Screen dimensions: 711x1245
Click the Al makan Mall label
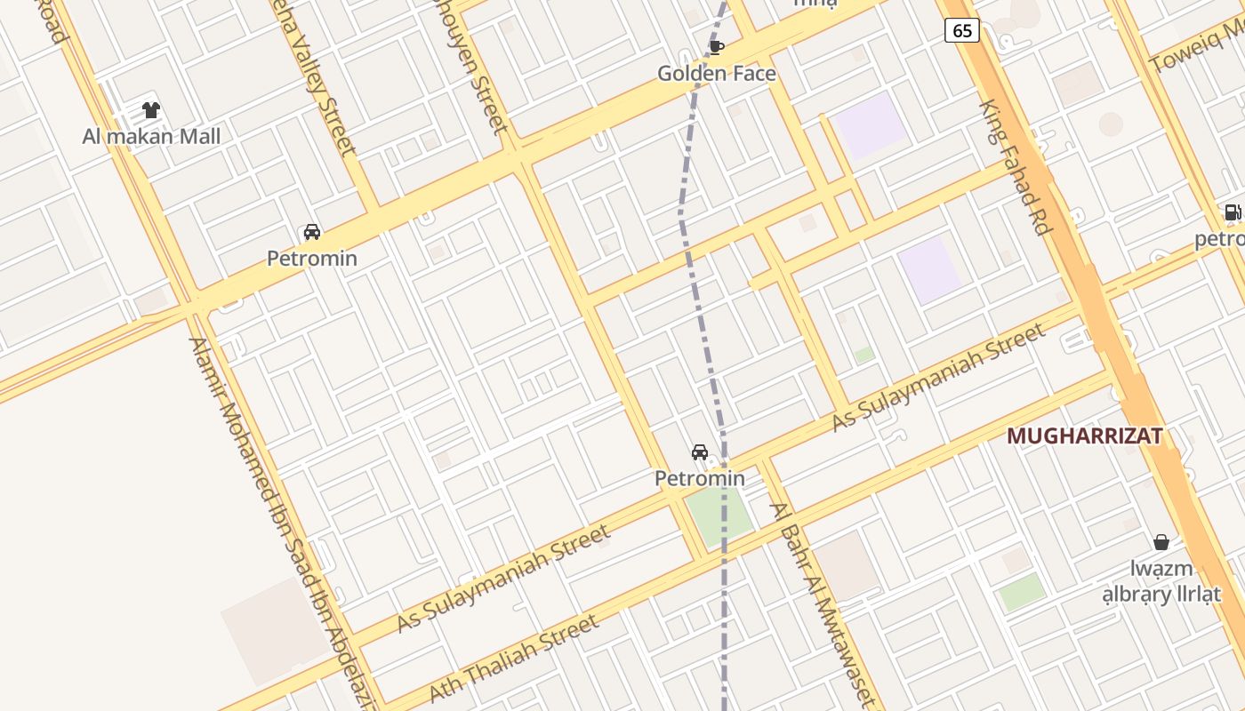151,137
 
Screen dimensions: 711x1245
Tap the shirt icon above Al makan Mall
151,111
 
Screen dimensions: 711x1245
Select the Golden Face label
717,74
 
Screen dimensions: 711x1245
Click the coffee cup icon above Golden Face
717,47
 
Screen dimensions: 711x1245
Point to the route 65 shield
962,31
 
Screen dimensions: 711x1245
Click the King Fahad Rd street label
1015,167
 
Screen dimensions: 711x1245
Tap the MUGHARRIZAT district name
1085,436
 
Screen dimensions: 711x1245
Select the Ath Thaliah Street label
513,659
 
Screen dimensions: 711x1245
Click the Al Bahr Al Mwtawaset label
822,604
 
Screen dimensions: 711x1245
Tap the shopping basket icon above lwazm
1161,542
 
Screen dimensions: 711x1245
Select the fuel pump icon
1233,212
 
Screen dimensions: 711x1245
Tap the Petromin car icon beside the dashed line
700,452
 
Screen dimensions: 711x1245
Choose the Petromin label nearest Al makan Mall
312,259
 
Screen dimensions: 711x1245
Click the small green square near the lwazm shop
1022,592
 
